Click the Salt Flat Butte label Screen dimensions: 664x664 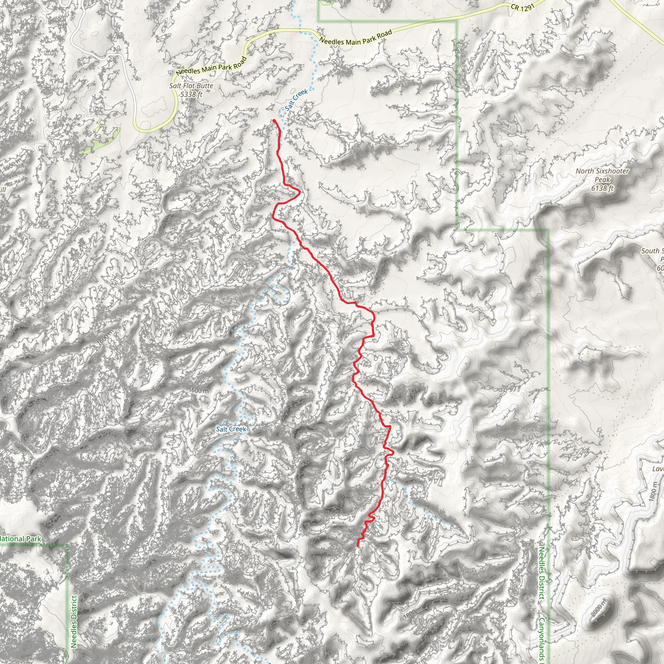191,86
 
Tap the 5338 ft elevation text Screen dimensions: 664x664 191,94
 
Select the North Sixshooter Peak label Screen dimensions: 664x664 602,175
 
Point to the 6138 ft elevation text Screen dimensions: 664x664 602,188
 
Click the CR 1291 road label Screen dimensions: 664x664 522,7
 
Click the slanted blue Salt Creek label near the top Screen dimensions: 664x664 296,100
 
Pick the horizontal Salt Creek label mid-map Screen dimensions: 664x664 231,429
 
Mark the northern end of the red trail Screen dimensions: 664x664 274,120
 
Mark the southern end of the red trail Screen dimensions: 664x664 358,546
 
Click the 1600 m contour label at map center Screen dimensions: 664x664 199,390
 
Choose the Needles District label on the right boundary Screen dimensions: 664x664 541,573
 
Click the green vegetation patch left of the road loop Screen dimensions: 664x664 100,141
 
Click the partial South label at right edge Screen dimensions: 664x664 651,251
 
